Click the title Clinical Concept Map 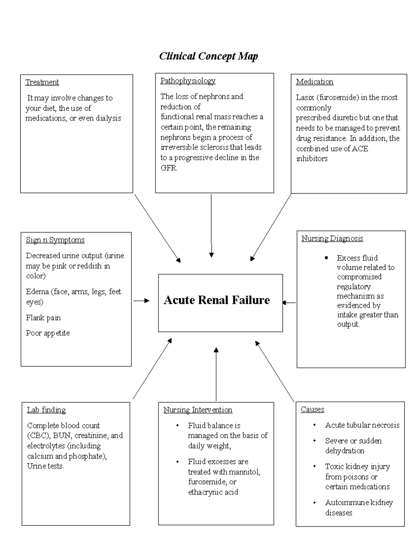(x=208, y=56)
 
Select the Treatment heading (x=42, y=82)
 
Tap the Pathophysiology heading (x=188, y=81)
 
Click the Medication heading (x=315, y=82)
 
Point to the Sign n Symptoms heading (x=55, y=240)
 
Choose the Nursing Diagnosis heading (x=332, y=239)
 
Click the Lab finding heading (x=46, y=410)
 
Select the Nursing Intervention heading (x=198, y=410)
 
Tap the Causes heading (x=312, y=410)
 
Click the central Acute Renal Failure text (x=217, y=300)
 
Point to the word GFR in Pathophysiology (x=169, y=168)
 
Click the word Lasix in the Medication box (x=305, y=98)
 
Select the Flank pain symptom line (x=43, y=318)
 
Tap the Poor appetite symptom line (x=48, y=333)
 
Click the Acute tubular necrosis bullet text (x=362, y=425)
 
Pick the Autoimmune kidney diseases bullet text (x=359, y=507)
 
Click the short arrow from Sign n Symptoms (x=141, y=301)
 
